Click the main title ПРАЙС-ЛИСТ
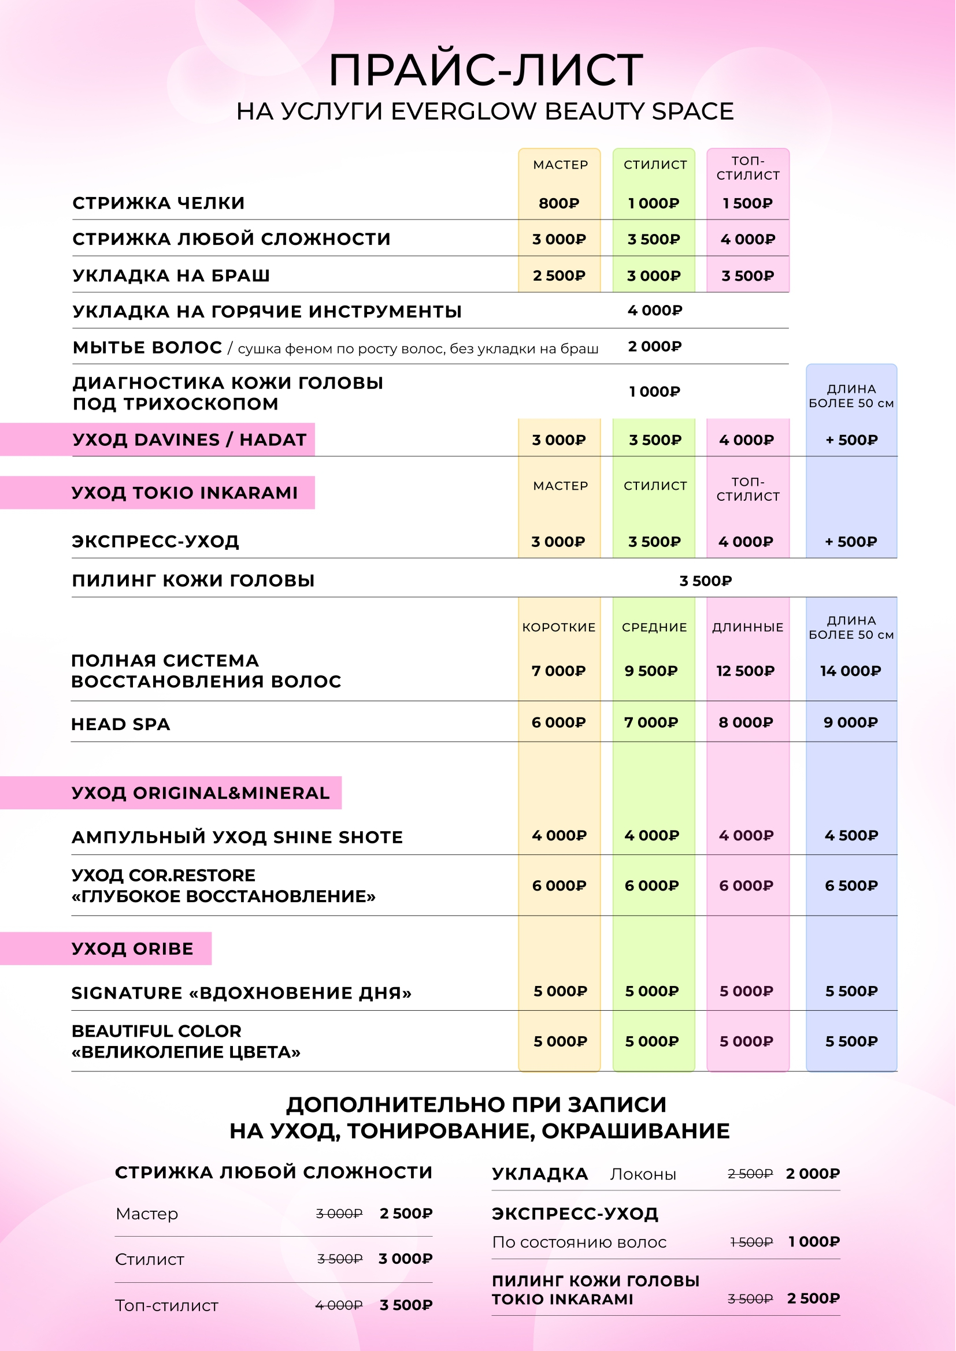pyautogui.click(x=486, y=70)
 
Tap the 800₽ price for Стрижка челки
pyautogui.click(x=559, y=203)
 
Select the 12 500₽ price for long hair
pyautogui.click(x=745, y=671)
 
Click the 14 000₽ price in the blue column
pyautogui.click(x=851, y=671)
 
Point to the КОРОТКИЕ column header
pyautogui.click(x=559, y=627)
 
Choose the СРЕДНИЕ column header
pyautogui.click(x=654, y=627)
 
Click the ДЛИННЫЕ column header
pyautogui.click(x=747, y=627)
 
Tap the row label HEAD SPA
pyautogui.click(x=121, y=724)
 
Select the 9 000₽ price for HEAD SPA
pyautogui.click(x=851, y=723)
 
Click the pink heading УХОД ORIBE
pyautogui.click(x=132, y=949)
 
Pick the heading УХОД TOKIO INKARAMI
pyautogui.click(x=185, y=493)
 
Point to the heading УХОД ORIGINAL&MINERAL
pyautogui.click(x=200, y=793)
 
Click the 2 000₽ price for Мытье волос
pyautogui.click(x=655, y=347)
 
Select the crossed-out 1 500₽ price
pyautogui.click(x=751, y=1242)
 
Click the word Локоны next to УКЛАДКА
pyautogui.click(x=643, y=1174)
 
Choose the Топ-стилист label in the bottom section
pyautogui.click(x=166, y=1306)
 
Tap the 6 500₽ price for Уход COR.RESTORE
pyautogui.click(x=851, y=885)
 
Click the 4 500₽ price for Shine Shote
pyautogui.click(x=851, y=836)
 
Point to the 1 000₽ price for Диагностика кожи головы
pyautogui.click(x=655, y=392)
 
